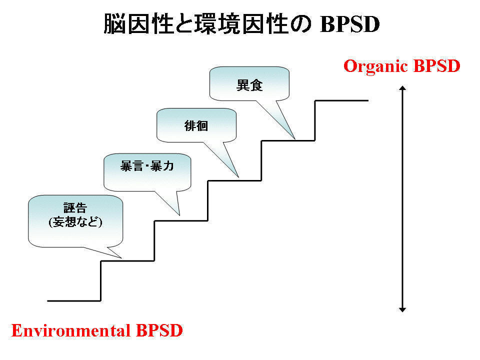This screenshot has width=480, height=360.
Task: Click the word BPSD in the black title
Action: click(x=350, y=24)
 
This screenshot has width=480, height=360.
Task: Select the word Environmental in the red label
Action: click(x=70, y=330)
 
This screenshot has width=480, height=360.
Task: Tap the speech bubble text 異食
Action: click(x=249, y=85)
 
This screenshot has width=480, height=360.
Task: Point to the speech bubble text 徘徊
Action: click(x=196, y=125)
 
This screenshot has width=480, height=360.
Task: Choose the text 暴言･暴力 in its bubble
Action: click(x=147, y=166)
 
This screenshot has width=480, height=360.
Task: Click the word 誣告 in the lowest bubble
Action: click(x=75, y=208)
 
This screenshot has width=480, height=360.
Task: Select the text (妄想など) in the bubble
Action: click(x=75, y=221)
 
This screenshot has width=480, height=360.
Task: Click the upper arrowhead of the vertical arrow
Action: click(x=402, y=88)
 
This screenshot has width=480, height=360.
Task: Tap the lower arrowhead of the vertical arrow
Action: click(x=402, y=310)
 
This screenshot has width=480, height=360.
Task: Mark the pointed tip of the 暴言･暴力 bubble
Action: click(x=179, y=215)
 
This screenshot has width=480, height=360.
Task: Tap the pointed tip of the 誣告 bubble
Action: click(x=121, y=258)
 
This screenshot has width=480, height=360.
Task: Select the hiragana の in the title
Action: click(x=301, y=24)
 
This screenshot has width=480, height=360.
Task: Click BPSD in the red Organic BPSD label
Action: click(x=437, y=66)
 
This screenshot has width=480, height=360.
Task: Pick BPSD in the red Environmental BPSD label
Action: click(x=159, y=330)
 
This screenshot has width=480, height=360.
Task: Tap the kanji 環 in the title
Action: click(x=206, y=24)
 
